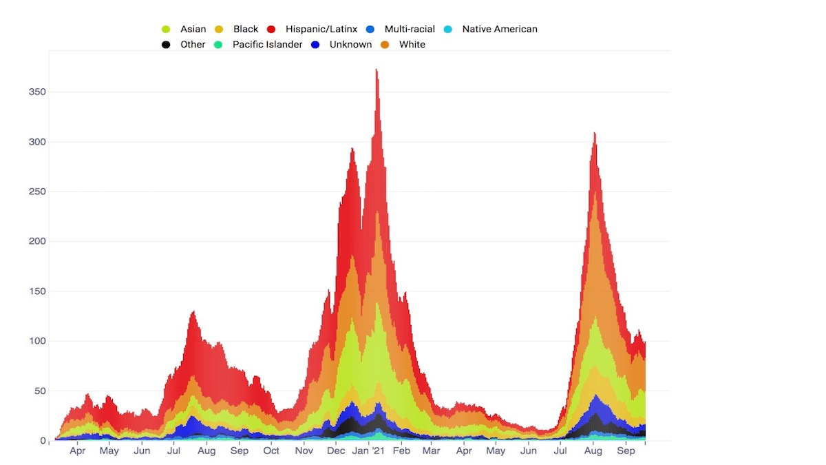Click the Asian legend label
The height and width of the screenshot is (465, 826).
point(193,29)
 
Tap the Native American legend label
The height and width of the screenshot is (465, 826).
point(499,29)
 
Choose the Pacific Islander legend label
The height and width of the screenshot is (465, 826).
point(267,44)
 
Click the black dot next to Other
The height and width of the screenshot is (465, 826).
point(166,44)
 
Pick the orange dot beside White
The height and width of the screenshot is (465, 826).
point(385,44)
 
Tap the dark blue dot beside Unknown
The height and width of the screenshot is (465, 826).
point(315,44)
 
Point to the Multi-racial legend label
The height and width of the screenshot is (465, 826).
point(410,29)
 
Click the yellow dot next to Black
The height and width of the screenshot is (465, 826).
point(220,29)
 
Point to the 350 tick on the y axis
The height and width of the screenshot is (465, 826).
point(36,92)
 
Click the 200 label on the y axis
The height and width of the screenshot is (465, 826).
point(36,241)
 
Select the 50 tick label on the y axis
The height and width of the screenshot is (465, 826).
point(39,391)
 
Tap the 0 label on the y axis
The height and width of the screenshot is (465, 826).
point(42,440)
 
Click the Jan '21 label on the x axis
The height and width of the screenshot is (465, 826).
point(369,451)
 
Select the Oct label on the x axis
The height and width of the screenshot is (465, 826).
point(271,451)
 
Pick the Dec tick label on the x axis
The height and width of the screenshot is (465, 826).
point(336,451)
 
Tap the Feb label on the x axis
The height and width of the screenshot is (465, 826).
point(401,451)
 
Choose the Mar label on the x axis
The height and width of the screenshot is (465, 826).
point(432,451)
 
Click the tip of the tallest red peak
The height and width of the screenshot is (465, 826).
point(377,69)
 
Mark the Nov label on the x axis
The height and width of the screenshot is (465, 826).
point(304,451)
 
